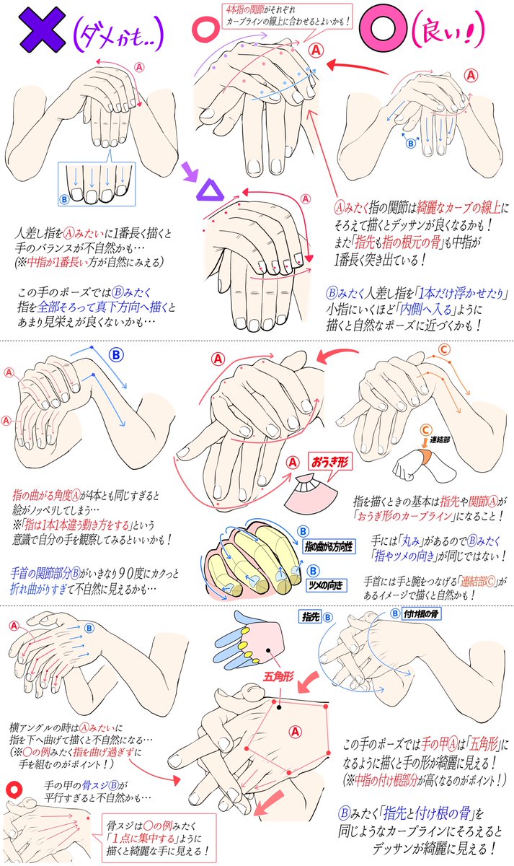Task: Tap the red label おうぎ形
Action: coord(329,459)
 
